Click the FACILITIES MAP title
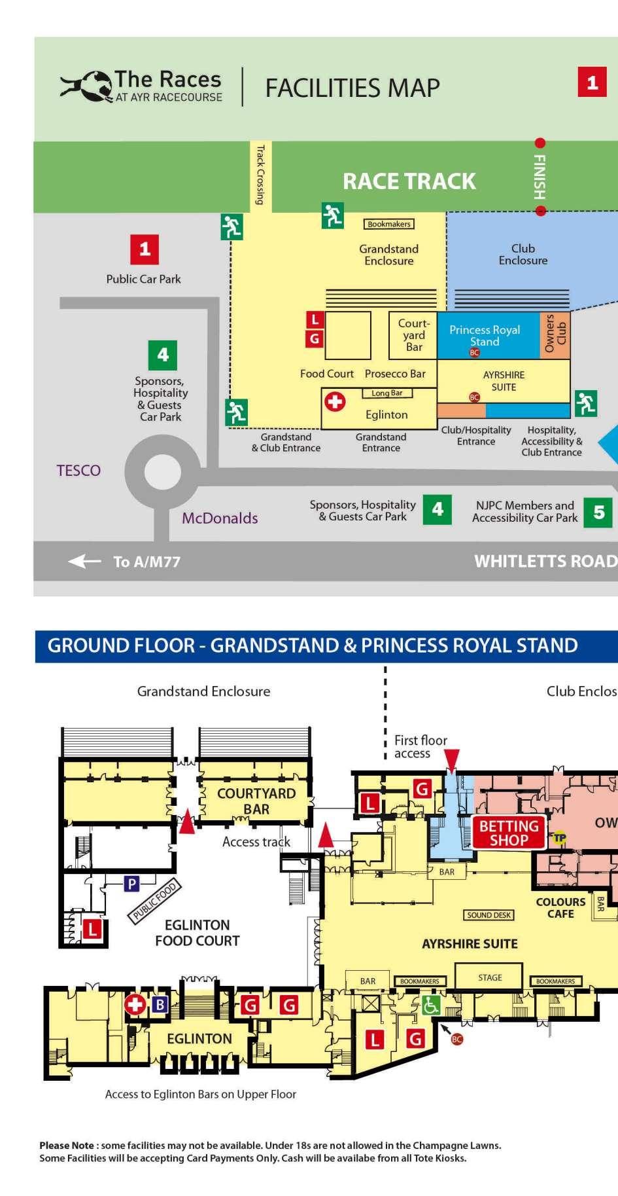pos(352,88)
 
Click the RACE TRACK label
pos(409,181)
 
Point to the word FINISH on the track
pos(540,177)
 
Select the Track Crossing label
pos(260,175)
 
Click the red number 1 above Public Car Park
pos(145,249)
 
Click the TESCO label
pos(78,471)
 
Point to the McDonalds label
pos(220,518)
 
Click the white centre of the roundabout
pos(162,471)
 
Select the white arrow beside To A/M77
pos(84,561)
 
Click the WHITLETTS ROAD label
pos(545,561)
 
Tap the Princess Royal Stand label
pos(485,336)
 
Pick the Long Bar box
pos(387,393)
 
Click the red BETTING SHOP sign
pos(509,833)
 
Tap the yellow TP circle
pos(559,837)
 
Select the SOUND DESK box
pos(489,915)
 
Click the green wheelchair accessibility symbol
pos(430,1005)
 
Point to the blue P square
pos(132,884)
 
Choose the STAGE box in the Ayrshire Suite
pos(490,977)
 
